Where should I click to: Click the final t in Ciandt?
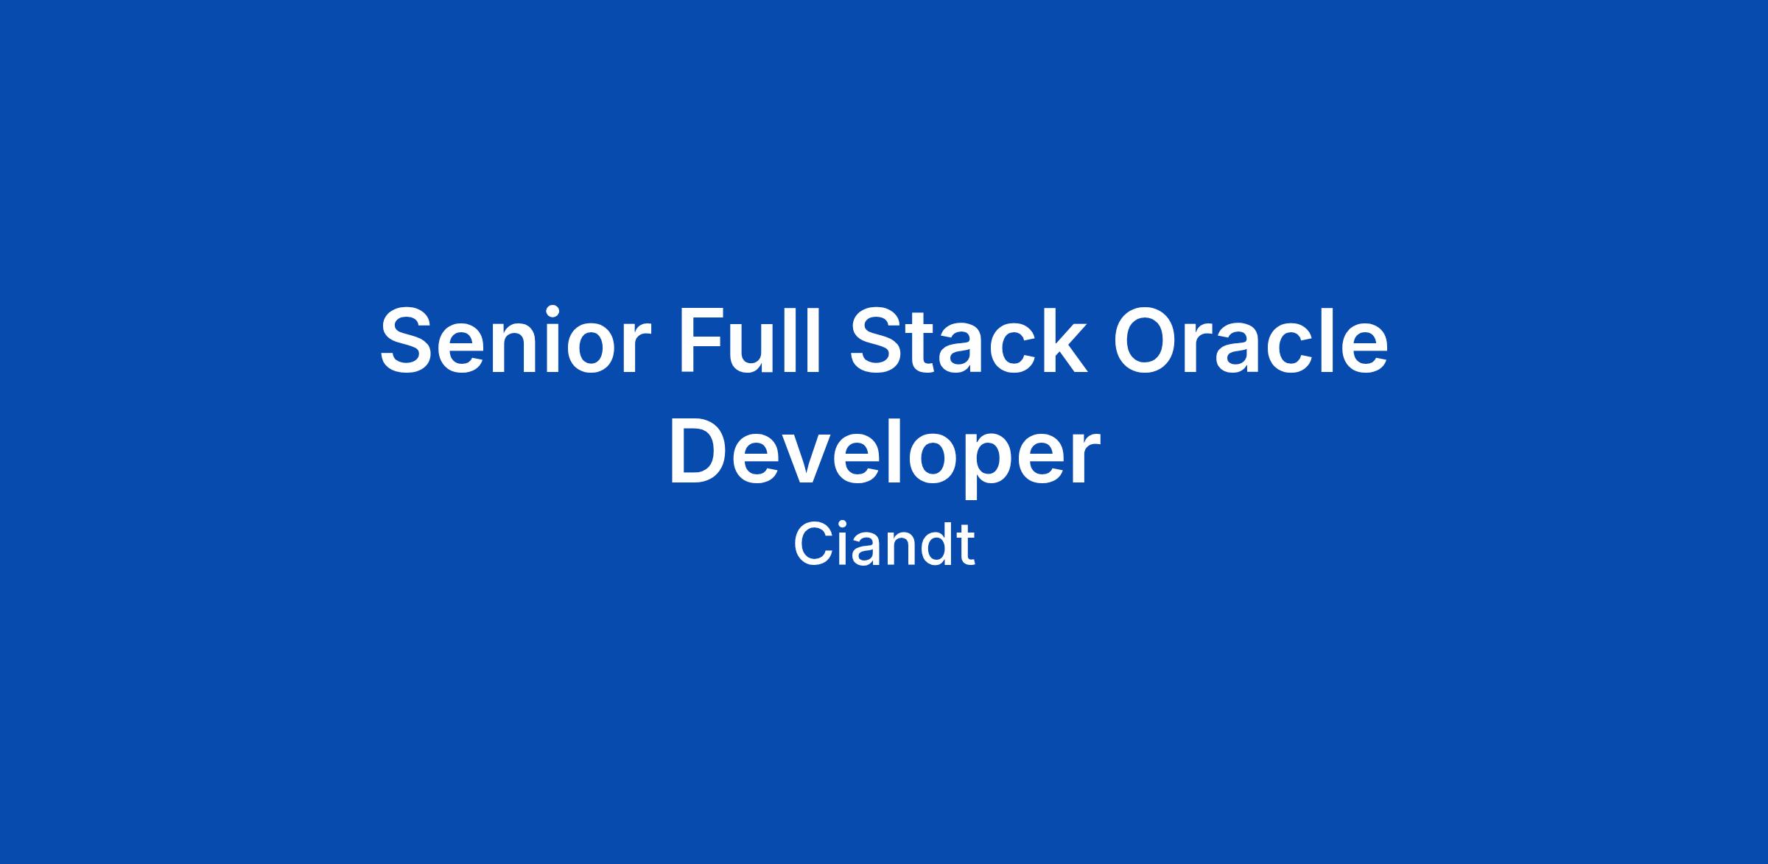(x=966, y=547)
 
